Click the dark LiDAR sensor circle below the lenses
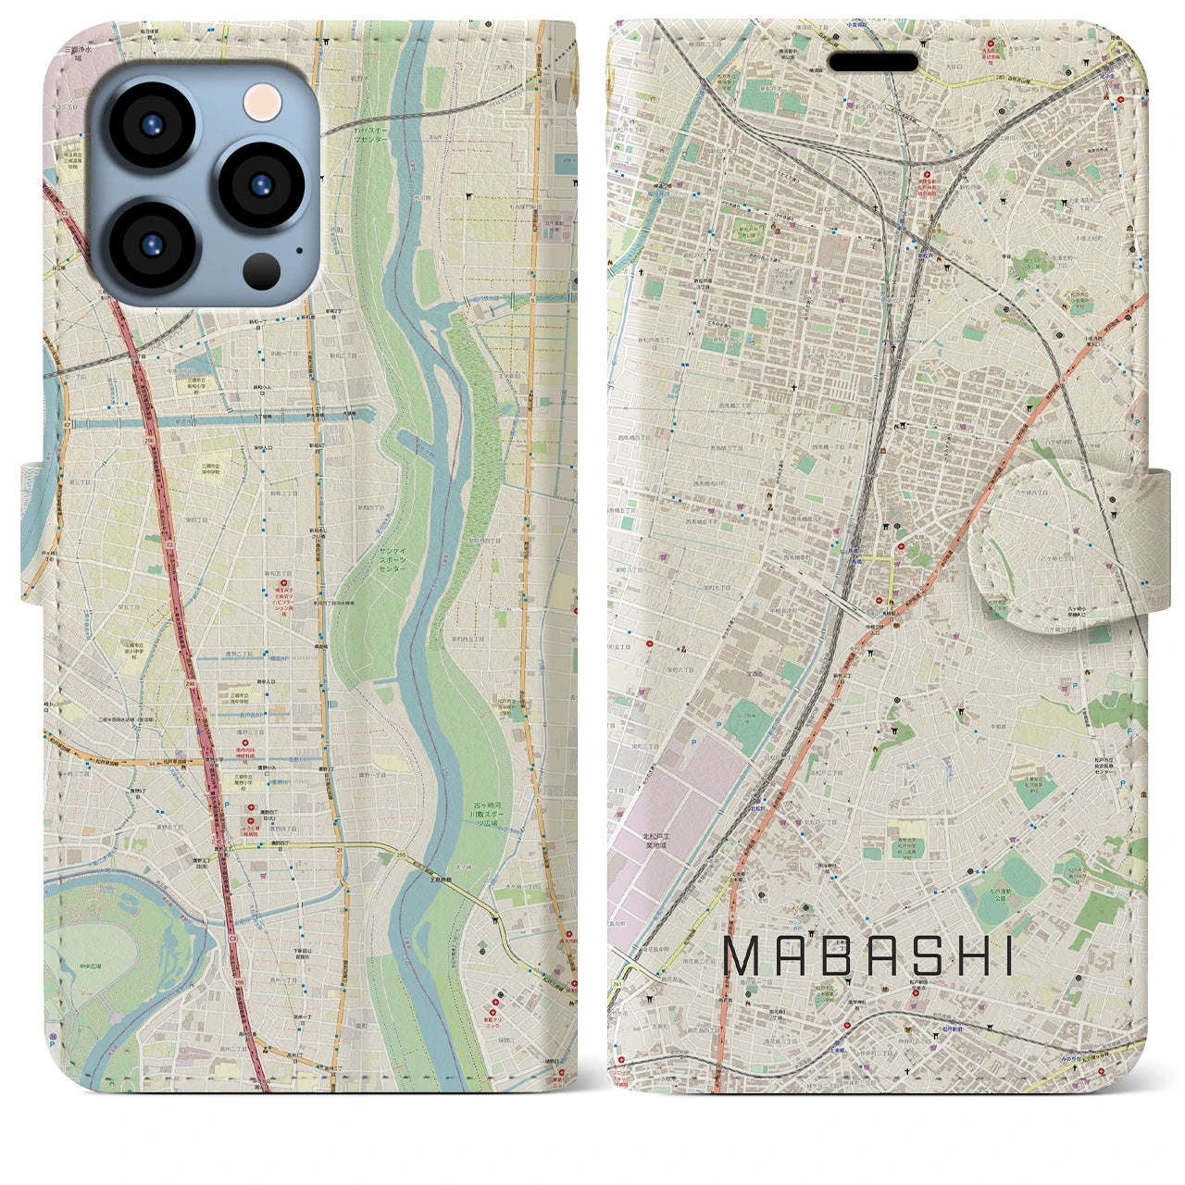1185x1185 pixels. (262, 271)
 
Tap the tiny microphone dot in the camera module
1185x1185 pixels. (299, 249)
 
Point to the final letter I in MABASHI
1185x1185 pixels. (1008, 957)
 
